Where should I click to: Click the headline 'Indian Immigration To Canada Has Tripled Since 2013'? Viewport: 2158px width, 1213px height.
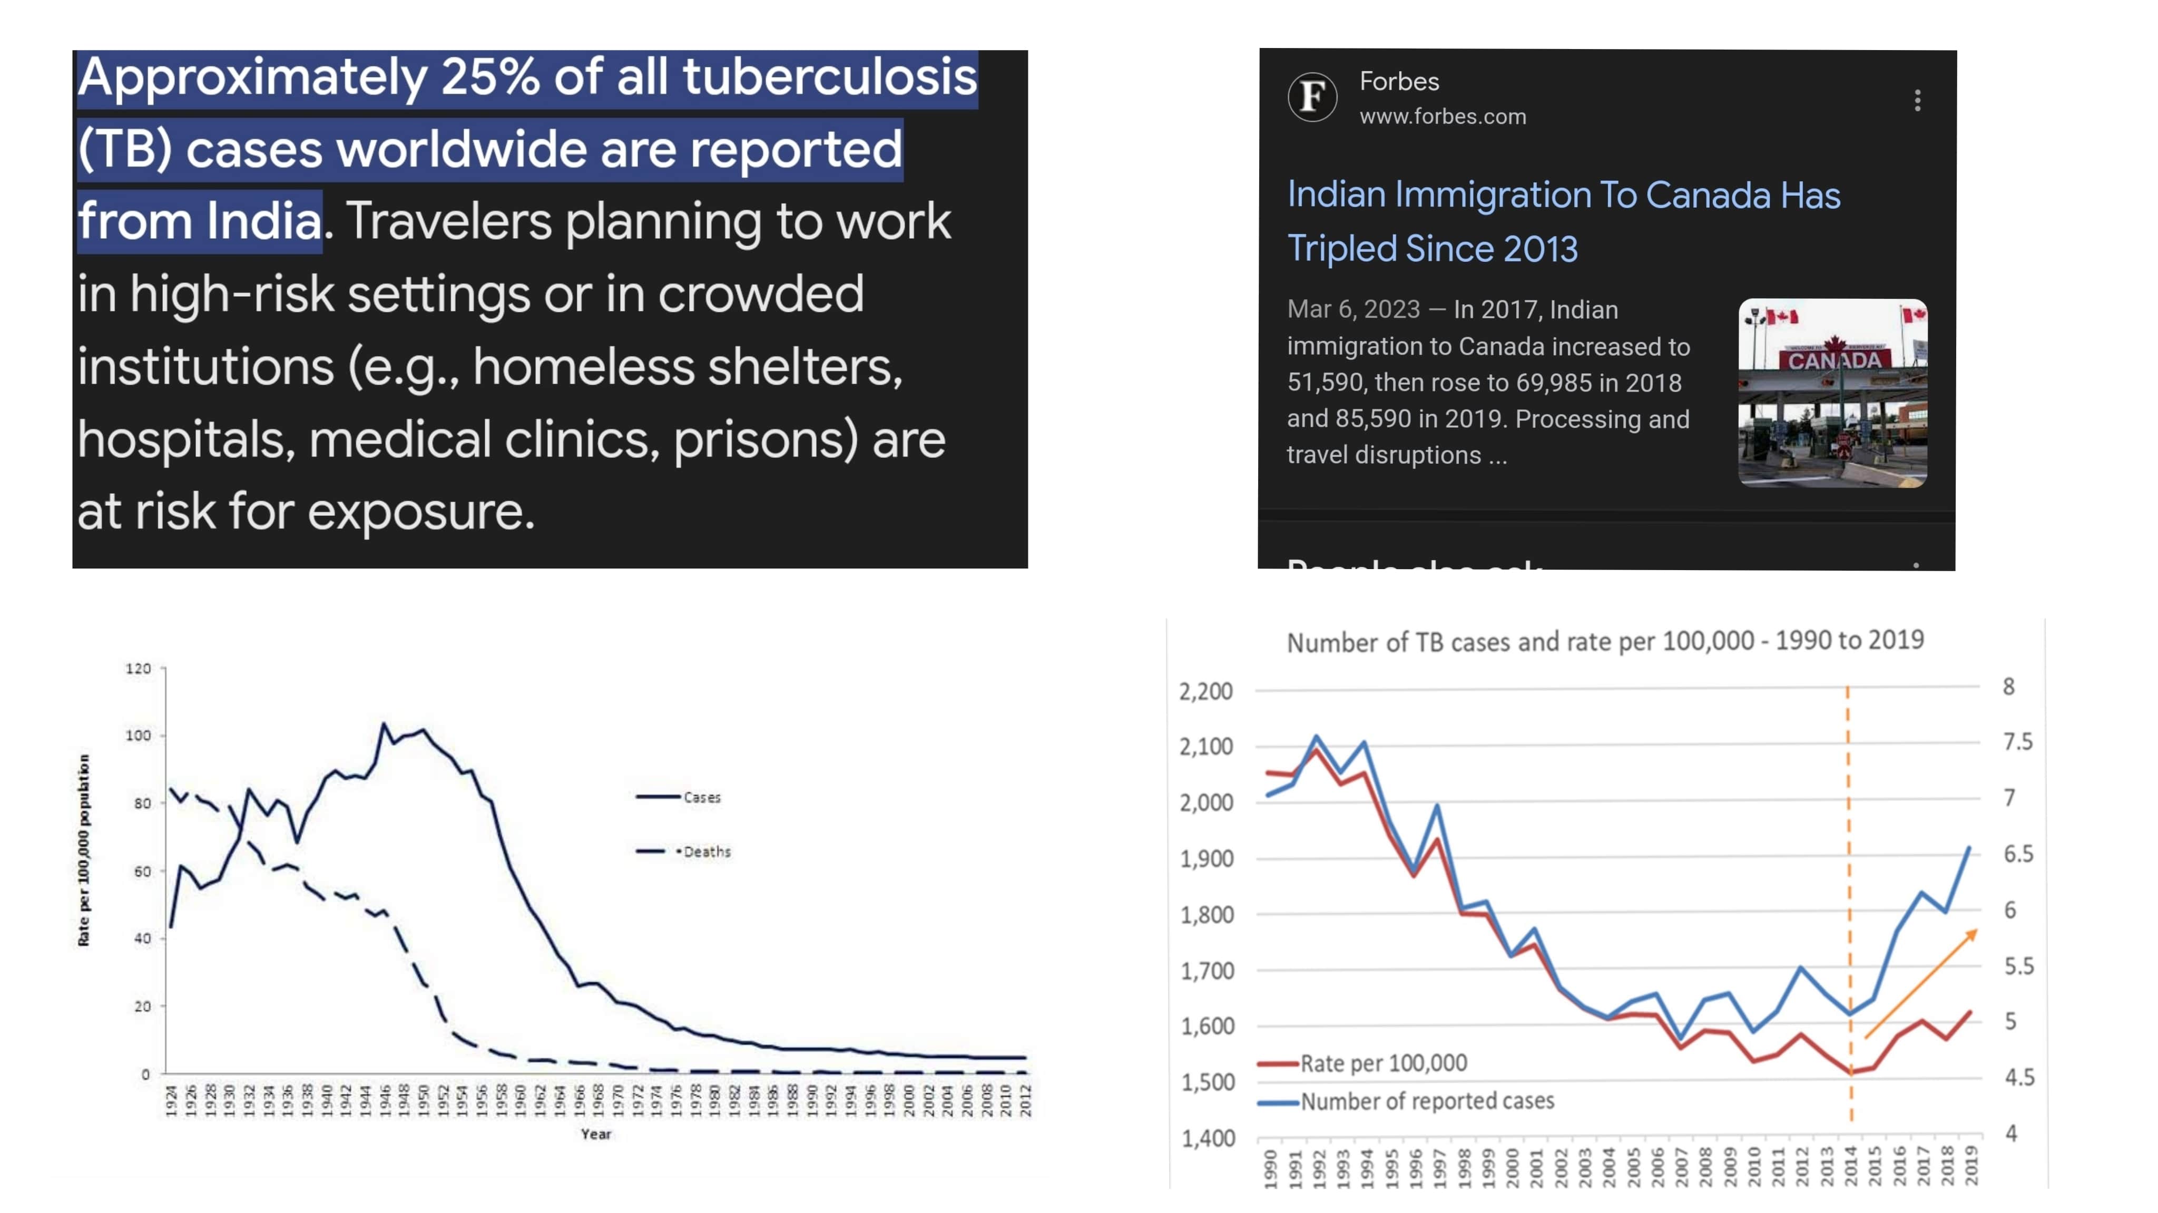1563,221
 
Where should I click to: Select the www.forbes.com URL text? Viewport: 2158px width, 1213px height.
1443,116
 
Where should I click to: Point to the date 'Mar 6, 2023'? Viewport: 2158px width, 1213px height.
1353,309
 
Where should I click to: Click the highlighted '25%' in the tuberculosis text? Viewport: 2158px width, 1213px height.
489,77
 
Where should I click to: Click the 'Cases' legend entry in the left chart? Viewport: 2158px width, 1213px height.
701,797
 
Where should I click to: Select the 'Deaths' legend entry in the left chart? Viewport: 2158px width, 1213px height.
706,851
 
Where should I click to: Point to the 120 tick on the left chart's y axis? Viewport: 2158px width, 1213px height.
138,669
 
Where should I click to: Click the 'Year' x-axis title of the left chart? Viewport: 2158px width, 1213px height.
596,1133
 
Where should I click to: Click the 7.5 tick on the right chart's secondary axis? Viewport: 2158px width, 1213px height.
2017,741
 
